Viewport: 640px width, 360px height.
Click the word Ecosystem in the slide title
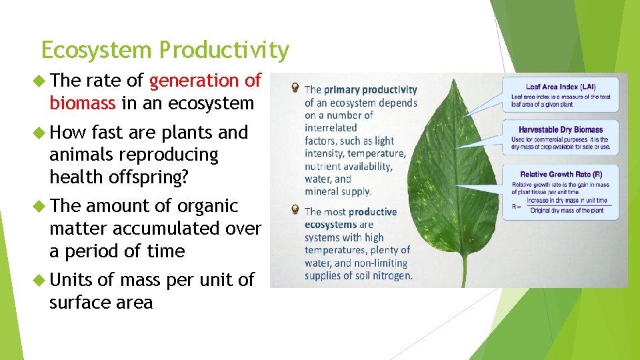[97, 51]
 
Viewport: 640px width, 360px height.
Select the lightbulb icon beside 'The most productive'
[294, 211]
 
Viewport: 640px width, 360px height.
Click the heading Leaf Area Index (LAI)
[561, 87]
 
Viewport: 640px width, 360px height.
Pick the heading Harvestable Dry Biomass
[560, 129]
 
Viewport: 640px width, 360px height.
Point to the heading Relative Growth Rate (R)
[561, 173]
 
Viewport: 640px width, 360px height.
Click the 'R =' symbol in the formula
[517, 206]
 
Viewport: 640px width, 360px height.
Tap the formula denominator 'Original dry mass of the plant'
[567, 211]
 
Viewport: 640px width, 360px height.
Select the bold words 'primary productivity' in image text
[379, 90]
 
